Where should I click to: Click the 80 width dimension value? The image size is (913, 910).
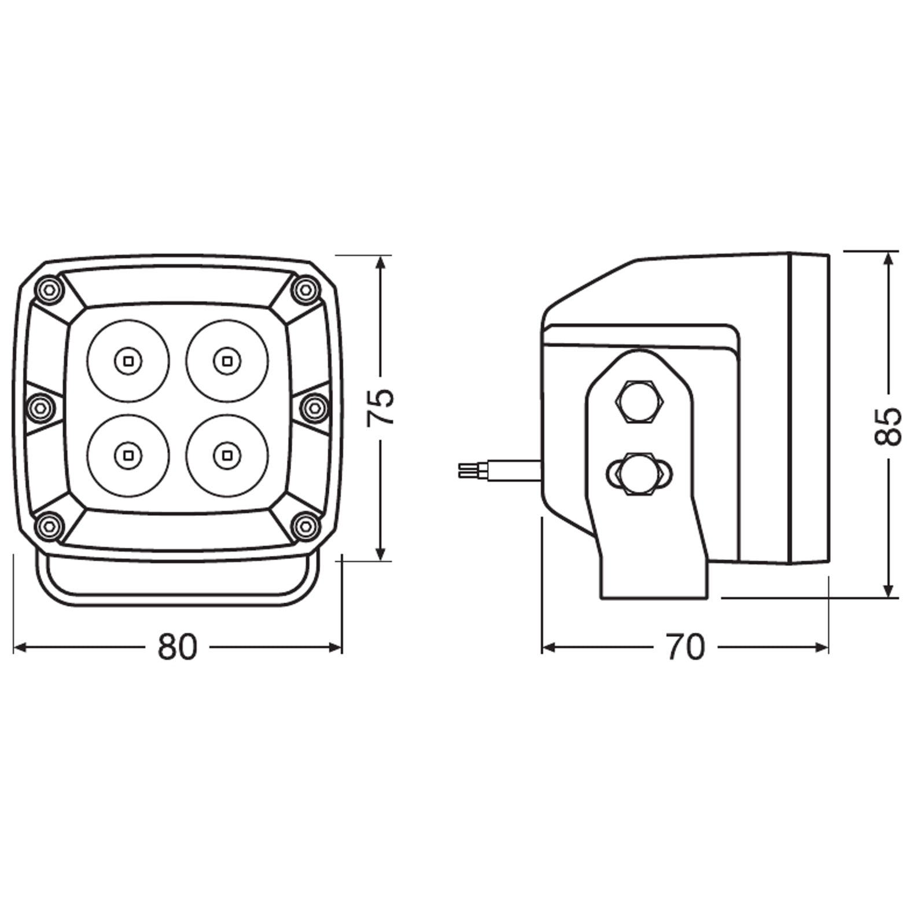(x=177, y=647)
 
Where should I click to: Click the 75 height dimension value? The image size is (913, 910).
(x=380, y=407)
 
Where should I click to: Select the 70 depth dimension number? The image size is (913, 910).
(x=685, y=647)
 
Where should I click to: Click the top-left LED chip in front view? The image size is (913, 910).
(x=128, y=361)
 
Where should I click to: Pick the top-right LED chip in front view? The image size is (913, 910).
(x=227, y=361)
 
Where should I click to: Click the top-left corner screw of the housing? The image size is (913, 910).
(x=49, y=289)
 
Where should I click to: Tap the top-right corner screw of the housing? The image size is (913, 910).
(x=306, y=289)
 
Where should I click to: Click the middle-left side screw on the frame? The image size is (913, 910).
(x=40, y=408)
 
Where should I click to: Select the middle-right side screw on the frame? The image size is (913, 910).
(x=315, y=408)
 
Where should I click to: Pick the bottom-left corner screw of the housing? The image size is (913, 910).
(x=49, y=526)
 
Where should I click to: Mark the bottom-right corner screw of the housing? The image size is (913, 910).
(x=306, y=526)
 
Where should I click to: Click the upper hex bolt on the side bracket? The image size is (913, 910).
(x=639, y=402)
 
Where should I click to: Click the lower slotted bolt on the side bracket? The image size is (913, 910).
(x=639, y=474)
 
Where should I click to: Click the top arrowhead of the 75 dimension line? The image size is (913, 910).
(x=380, y=263)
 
